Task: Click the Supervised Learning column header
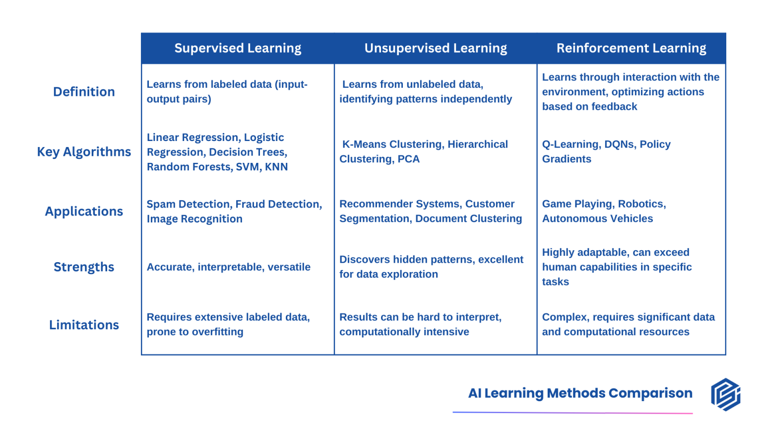pos(238,48)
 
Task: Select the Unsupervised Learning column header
pos(436,48)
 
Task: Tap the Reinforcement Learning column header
pos(631,48)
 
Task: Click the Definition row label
pos(84,92)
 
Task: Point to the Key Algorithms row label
pos(84,152)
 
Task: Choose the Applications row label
pos(84,212)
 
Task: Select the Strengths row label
pos(84,267)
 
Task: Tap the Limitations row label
pos(84,325)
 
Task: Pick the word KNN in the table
pos(276,167)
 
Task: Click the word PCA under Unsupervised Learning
pos(408,159)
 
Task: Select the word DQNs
pos(620,144)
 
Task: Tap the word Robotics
pos(641,204)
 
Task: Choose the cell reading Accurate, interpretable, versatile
pos(228,267)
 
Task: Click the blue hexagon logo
pos(725,395)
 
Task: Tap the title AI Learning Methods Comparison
pos(580,393)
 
